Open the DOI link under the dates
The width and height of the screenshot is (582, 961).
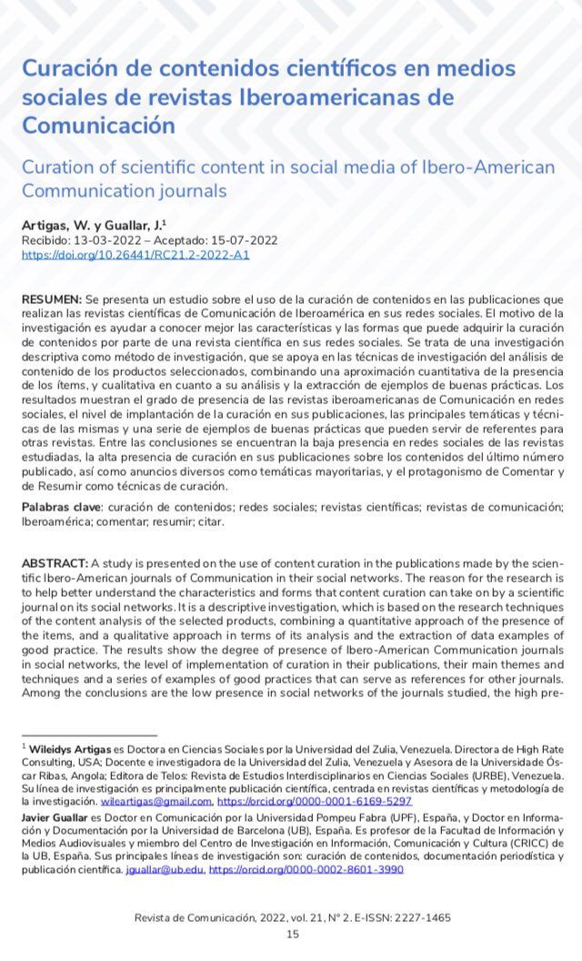click(x=135, y=254)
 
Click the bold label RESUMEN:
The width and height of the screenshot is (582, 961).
click(x=51, y=298)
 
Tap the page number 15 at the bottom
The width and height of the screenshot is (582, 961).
click(x=292, y=934)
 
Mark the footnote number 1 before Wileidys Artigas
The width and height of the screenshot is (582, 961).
click(x=24, y=744)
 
